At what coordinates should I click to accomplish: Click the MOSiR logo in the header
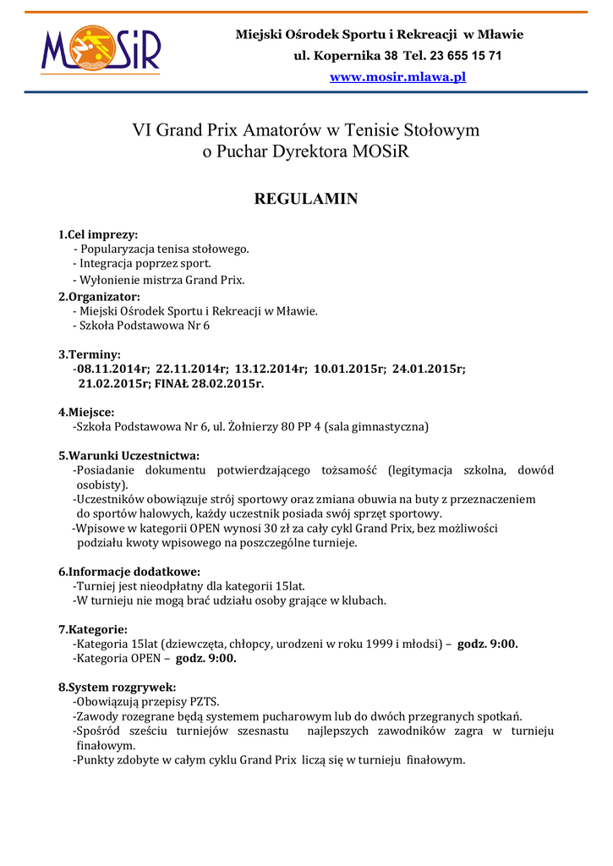coord(101,51)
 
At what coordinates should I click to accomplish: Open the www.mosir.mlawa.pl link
coord(397,77)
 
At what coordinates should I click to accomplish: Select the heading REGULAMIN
coord(306,200)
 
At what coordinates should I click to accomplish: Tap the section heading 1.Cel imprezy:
coord(98,234)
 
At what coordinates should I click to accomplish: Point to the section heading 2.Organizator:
coord(99,296)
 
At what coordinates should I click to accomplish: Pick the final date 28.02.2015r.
coord(232,383)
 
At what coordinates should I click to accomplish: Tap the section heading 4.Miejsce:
coord(86,412)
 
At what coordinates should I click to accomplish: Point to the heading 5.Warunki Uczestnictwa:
coord(129,455)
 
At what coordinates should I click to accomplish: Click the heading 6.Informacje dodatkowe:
coord(129,571)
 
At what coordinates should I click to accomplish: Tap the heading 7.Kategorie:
coord(93,629)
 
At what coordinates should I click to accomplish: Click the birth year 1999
coord(379,644)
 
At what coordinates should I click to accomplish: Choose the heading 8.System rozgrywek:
coord(117,687)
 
